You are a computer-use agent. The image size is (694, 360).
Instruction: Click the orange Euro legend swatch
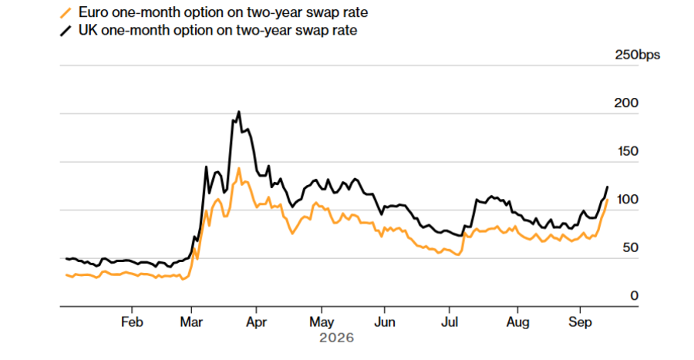point(66,13)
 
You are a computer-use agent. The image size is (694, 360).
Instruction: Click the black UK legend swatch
point(66,31)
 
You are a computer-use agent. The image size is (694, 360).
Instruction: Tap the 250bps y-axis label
point(638,55)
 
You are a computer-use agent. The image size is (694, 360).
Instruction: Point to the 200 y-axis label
point(626,103)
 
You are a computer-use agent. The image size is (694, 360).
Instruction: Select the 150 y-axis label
point(628,151)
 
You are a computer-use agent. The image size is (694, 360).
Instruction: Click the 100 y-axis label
point(628,200)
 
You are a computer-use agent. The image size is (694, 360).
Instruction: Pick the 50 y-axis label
point(630,247)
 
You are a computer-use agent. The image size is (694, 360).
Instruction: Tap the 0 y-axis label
point(635,296)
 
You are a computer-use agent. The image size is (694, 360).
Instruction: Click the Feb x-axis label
point(132,322)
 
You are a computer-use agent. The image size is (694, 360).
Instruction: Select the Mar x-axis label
point(191,322)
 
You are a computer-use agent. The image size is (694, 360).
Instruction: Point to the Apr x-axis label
point(256,322)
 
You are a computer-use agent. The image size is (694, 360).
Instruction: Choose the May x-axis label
point(322,322)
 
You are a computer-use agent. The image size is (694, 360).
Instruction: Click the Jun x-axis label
point(385,322)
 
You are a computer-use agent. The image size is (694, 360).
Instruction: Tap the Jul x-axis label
point(450,322)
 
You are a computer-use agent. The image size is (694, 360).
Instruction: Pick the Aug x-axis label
point(517,322)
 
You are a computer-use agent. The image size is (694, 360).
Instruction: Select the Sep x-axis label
point(580,322)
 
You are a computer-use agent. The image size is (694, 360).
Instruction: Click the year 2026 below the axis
point(337,338)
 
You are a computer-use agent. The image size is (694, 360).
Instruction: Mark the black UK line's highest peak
point(239,112)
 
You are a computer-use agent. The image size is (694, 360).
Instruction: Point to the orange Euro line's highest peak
point(239,168)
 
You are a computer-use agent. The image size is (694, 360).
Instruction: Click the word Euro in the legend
point(93,12)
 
